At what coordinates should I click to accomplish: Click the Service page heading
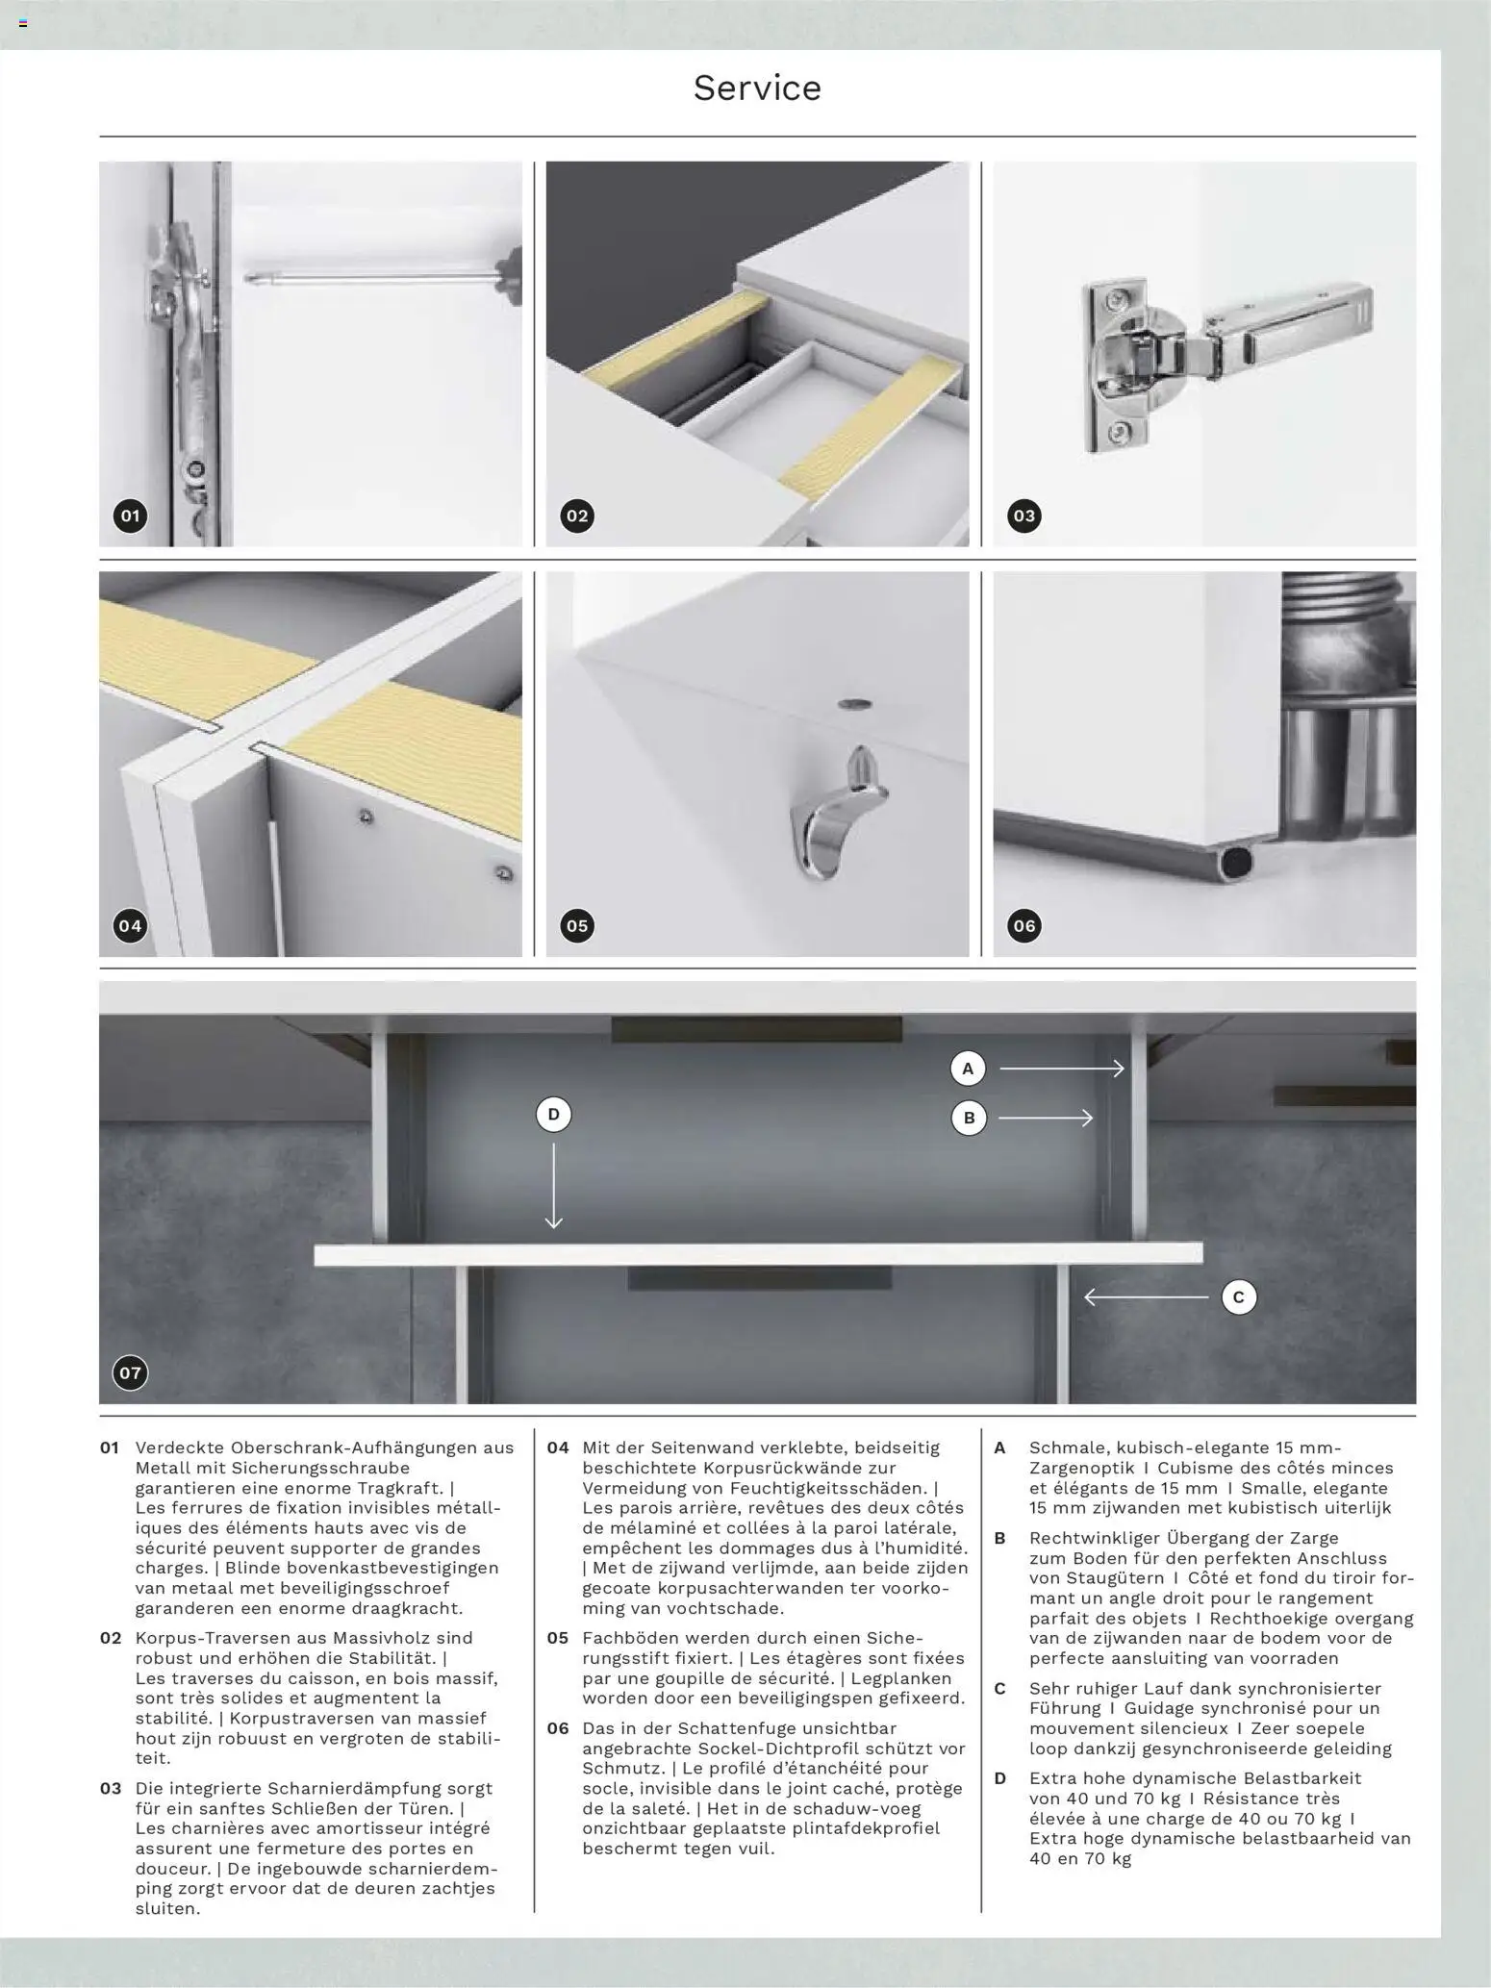click(x=757, y=88)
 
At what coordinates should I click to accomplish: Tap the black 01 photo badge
click(x=130, y=516)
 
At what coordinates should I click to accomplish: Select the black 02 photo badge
click(x=577, y=516)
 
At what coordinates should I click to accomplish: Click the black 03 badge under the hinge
click(x=1023, y=516)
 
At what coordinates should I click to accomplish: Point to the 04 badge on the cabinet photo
click(x=130, y=926)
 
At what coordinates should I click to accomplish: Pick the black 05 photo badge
click(x=577, y=926)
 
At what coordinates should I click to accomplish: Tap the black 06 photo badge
click(x=1023, y=926)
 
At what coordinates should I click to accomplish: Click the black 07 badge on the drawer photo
click(x=130, y=1372)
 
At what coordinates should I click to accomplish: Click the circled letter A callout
click(x=969, y=1068)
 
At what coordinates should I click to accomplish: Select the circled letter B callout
click(x=969, y=1118)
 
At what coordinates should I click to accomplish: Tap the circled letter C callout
click(x=1239, y=1297)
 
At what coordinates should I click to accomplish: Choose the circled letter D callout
click(x=553, y=1115)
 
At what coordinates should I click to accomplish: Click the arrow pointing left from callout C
click(x=1146, y=1297)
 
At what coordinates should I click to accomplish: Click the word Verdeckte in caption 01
click(x=180, y=1447)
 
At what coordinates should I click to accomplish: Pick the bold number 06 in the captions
click(x=558, y=1728)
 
